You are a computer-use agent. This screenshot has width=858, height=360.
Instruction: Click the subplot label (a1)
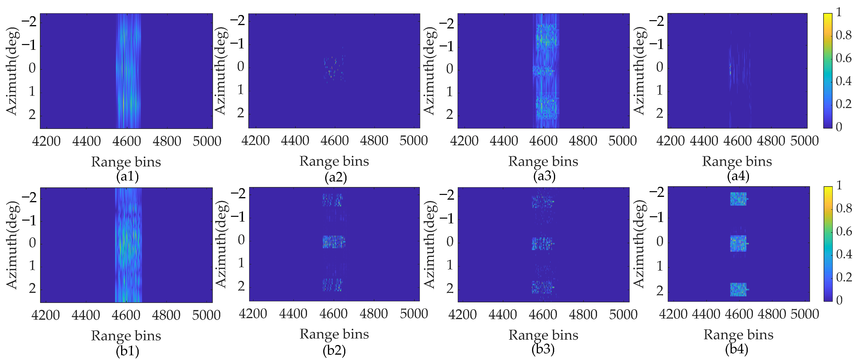127,176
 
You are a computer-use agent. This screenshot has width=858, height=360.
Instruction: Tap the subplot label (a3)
544,176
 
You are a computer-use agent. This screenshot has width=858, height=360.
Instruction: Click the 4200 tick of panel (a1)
46,141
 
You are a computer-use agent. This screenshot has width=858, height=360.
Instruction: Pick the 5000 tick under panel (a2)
413,141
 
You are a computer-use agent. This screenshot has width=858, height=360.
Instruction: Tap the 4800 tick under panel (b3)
583,315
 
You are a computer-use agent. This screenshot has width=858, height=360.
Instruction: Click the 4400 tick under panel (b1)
86,315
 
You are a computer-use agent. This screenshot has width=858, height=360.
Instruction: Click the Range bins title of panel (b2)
334,334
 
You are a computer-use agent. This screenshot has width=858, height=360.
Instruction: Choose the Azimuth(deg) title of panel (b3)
430,245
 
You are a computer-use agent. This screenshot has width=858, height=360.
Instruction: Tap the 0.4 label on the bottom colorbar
844,254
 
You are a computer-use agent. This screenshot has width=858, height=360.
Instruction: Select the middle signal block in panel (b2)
333,242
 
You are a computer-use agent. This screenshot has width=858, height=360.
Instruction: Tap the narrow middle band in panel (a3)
543,71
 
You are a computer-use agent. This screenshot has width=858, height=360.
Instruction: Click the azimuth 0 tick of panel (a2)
240,66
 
